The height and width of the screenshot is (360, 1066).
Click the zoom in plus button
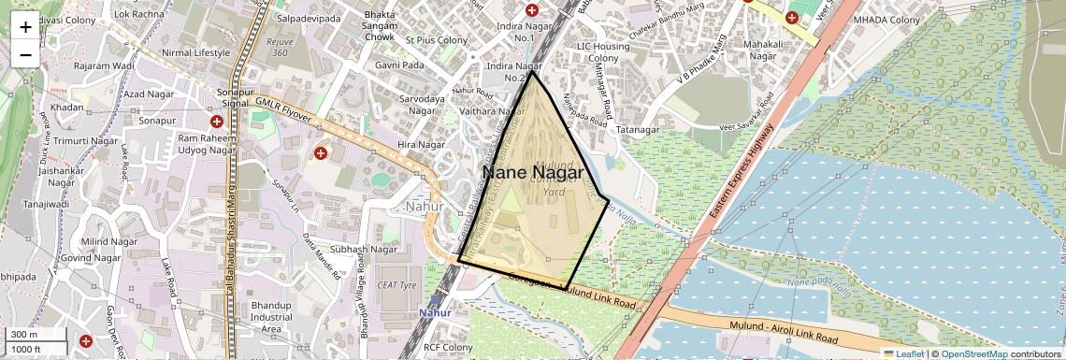tap(25, 26)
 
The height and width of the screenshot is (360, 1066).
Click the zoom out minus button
tap(25, 54)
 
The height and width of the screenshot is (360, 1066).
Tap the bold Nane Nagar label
tap(532, 173)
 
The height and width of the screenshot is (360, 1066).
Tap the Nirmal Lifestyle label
tap(195, 52)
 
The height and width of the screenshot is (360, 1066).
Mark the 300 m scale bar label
tap(24, 335)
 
